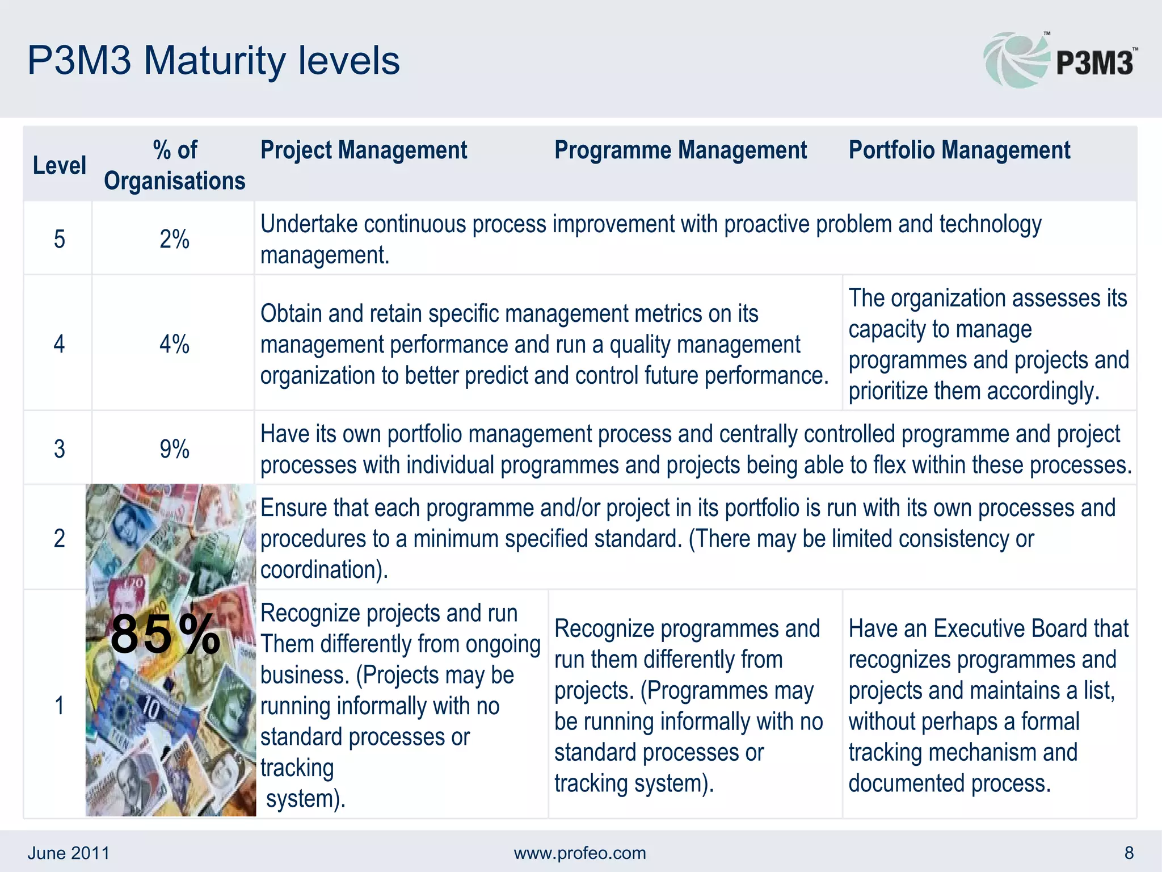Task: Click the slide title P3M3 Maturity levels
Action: pyautogui.click(x=213, y=61)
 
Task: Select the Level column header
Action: pyautogui.click(x=59, y=166)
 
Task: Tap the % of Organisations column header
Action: pyautogui.click(x=174, y=165)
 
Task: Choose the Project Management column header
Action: pyautogui.click(x=363, y=150)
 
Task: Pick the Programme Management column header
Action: pyautogui.click(x=680, y=150)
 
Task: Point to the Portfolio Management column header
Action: pyautogui.click(x=959, y=150)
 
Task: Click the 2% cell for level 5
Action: pyautogui.click(x=174, y=239)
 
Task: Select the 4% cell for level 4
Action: pyautogui.click(x=174, y=344)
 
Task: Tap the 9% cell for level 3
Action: pyautogui.click(x=174, y=449)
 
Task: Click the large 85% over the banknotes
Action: pyautogui.click(x=165, y=635)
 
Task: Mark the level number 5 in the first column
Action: pyautogui.click(x=59, y=239)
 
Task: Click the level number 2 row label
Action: pyautogui.click(x=59, y=538)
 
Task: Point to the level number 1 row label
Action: pyautogui.click(x=59, y=706)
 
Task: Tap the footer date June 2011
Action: pyautogui.click(x=69, y=853)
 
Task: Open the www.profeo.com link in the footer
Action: pyautogui.click(x=580, y=853)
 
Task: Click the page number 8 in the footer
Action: pyautogui.click(x=1129, y=853)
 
